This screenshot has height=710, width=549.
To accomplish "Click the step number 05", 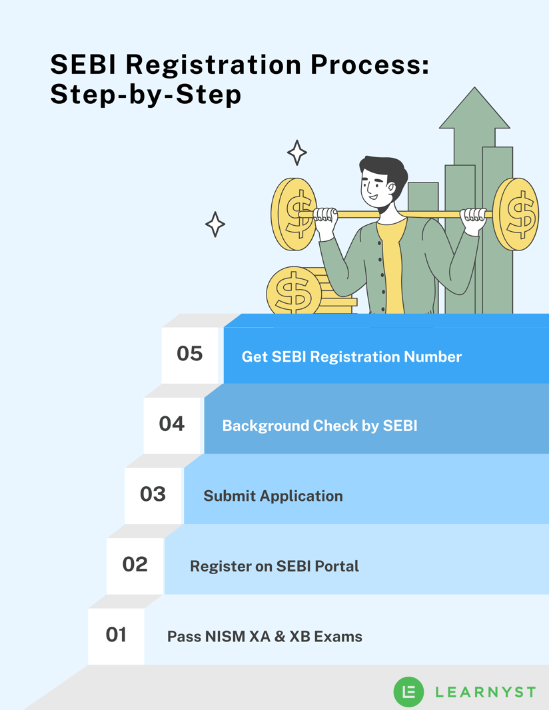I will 189,354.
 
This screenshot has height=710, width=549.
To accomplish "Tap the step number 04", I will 171,424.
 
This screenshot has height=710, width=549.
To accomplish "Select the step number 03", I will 153,494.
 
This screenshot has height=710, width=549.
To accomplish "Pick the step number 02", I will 135,564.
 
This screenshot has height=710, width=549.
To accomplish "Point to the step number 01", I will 116,635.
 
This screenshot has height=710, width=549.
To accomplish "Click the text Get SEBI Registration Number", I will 351,357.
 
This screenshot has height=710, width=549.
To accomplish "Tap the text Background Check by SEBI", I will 319,426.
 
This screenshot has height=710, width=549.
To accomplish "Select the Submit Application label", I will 273,496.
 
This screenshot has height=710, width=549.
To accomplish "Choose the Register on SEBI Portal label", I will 274,567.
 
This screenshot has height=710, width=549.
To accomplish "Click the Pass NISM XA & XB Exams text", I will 265,637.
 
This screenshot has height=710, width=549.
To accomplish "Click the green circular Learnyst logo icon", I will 409,691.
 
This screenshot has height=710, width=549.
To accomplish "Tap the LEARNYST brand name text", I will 484,692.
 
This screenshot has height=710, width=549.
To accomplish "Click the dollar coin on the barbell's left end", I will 293,214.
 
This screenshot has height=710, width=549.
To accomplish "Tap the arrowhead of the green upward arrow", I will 474,109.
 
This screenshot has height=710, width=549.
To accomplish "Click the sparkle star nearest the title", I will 296,153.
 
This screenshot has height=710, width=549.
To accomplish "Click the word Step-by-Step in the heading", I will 145,95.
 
